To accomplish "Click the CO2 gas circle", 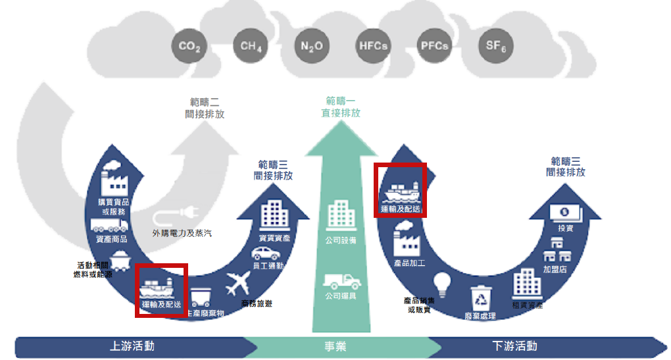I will point(189,46).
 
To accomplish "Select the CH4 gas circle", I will point(251,46).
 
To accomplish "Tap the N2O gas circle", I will point(311,47).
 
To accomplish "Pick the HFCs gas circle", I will point(373,46).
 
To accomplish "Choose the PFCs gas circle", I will point(434,46).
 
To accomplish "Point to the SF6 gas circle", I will point(495,46).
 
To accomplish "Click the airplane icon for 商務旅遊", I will point(239,284).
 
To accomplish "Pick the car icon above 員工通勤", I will point(267,253).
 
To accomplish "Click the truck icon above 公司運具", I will point(341,282).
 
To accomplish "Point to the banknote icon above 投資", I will point(565,212).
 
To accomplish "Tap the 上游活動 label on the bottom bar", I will point(132,346).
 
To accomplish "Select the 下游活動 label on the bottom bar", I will point(514,346).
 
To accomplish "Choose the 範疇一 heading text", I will point(340,101).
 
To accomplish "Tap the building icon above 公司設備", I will point(341,216).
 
